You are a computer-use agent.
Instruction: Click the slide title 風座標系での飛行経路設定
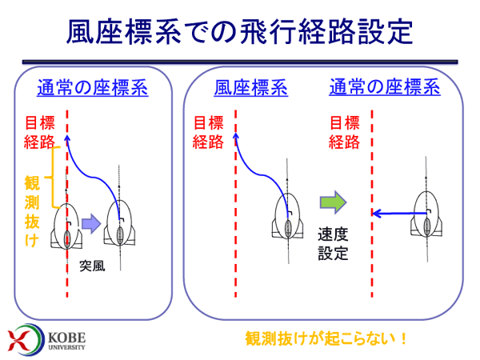point(240,31)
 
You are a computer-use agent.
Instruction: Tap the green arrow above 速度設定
point(333,202)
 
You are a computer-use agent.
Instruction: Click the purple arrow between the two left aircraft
point(91,224)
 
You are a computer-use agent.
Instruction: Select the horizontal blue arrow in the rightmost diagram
point(399,213)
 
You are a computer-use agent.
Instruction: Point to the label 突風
point(92,266)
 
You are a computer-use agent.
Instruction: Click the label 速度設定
point(333,244)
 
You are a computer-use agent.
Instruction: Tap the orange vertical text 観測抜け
point(32,211)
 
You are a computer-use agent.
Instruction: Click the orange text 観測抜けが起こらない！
point(326,338)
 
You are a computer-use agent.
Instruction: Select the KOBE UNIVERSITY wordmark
point(66,341)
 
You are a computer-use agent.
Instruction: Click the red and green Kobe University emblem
point(22,339)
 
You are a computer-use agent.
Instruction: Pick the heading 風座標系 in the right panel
point(250,88)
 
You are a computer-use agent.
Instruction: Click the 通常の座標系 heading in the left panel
point(93,88)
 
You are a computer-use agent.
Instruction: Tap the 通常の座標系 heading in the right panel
point(385,87)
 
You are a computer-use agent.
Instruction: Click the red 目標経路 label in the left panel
point(39,132)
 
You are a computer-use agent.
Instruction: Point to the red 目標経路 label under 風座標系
point(208,132)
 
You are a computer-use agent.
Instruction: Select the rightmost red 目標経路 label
point(344,132)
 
